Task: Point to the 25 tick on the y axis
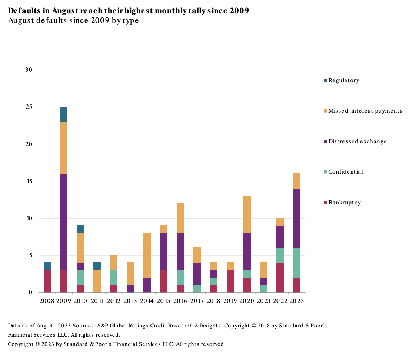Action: (x=29, y=107)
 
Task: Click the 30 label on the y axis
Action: (x=29, y=70)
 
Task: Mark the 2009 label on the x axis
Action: (x=64, y=301)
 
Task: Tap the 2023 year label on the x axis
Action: (x=296, y=301)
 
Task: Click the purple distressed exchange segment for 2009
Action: (x=64, y=222)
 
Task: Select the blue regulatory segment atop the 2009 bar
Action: (x=64, y=114)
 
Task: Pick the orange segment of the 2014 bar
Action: (x=147, y=255)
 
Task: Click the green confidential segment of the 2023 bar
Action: (x=297, y=263)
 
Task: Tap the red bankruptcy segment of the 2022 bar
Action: (x=280, y=277)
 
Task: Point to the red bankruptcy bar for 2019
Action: (x=230, y=281)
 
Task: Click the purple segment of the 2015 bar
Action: (x=164, y=251)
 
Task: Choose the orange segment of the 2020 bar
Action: (x=247, y=214)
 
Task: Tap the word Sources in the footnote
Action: (x=84, y=326)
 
